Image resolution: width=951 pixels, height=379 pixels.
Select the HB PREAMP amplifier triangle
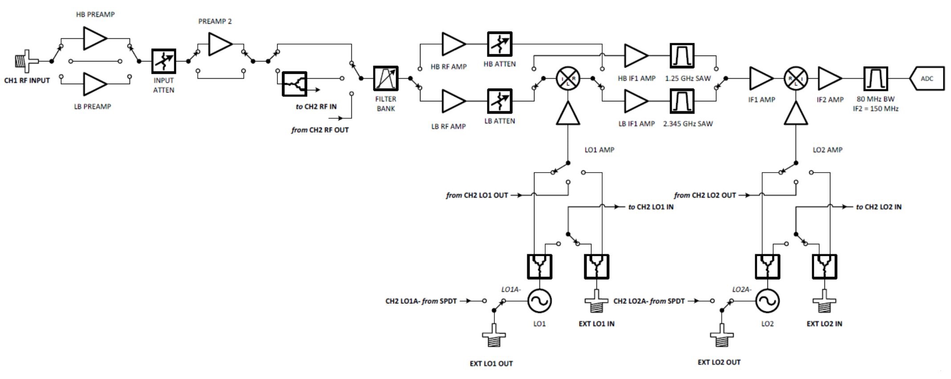pyautogui.click(x=94, y=38)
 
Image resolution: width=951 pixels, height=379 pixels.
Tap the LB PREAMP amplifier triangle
pyautogui.click(x=94, y=84)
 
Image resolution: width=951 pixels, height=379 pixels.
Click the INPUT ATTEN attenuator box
pyautogui.click(x=163, y=61)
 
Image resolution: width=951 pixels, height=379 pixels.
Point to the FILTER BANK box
pyautogui.click(x=385, y=79)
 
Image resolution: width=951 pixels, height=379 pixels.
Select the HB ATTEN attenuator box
pyautogui.click(x=499, y=44)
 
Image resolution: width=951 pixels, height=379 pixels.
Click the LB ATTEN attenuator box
pyautogui.click(x=499, y=101)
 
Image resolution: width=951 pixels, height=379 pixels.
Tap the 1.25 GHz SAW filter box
pyautogui.click(x=682, y=56)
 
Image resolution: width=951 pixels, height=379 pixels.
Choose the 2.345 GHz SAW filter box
pyautogui.click(x=682, y=101)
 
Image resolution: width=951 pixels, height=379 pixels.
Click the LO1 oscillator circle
pyautogui.click(x=539, y=301)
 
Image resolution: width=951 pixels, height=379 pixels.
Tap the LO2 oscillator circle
pyautogui.click(x=767, y=301)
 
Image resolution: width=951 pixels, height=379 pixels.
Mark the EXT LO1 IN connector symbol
pyautogui.click(x=596, y=303)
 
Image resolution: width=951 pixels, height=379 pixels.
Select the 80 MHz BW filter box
pyautogui.click(x=875, y=79)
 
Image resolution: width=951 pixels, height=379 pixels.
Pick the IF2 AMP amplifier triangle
pyautogui.click(x=829, y=79)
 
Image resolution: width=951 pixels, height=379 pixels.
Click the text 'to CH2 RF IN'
pyautogui.click(x=316, y=107)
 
